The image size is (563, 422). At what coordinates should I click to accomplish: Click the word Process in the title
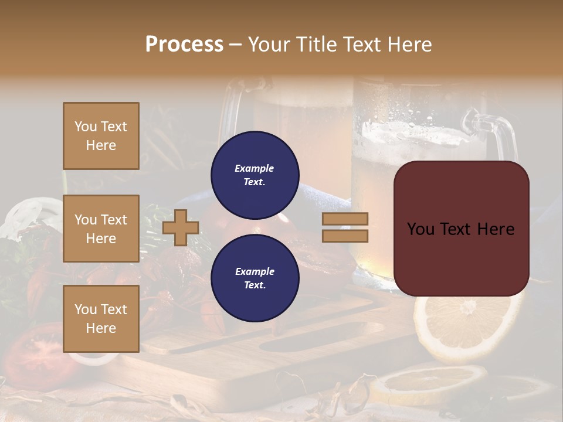coord(184,45)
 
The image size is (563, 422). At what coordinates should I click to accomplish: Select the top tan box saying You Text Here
coord(101,136)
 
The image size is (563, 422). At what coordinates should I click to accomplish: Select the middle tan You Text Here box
coord(101,229)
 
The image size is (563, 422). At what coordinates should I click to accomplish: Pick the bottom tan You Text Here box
coord(101,318)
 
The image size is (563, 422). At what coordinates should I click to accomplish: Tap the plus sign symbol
coord(181,227)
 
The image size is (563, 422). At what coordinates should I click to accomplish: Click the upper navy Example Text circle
coord(255,175)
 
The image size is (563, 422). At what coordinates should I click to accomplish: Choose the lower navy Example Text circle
coord(255,278)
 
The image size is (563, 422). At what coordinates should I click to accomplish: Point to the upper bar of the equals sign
coord(345,219)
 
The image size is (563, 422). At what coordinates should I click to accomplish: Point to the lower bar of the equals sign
coord(345,236)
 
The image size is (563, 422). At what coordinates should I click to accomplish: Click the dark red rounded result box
coord(461,228)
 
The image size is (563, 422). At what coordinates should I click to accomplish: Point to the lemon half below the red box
coord(463,325)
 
